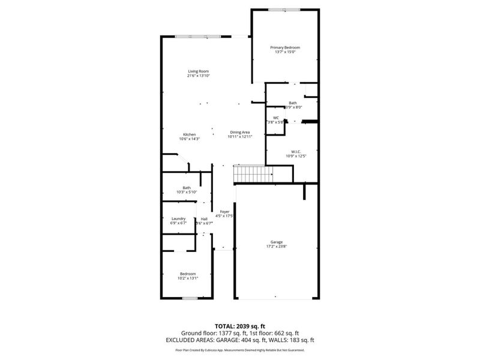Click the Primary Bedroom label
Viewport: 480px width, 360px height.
285,47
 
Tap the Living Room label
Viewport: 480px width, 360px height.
198,71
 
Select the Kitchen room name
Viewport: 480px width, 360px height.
190,134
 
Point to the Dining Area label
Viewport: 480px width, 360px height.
239,132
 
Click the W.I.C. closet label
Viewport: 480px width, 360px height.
296,151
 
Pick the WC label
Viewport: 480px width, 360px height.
276,118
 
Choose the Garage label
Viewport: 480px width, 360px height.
277,242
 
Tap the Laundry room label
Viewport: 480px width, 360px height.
178,218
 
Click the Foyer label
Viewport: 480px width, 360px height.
224,211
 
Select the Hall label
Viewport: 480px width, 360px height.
205,218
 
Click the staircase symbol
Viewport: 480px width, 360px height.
253,175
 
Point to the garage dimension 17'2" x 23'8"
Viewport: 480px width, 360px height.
277,247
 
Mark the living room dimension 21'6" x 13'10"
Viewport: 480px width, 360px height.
198,76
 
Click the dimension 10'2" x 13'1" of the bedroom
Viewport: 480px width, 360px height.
188,278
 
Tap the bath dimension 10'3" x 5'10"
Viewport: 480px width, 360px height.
187,192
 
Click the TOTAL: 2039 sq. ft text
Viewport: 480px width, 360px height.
239,325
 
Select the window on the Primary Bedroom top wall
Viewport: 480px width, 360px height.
284,10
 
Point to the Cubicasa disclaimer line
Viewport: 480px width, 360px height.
239,350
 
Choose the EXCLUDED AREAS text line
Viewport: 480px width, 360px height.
239,340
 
